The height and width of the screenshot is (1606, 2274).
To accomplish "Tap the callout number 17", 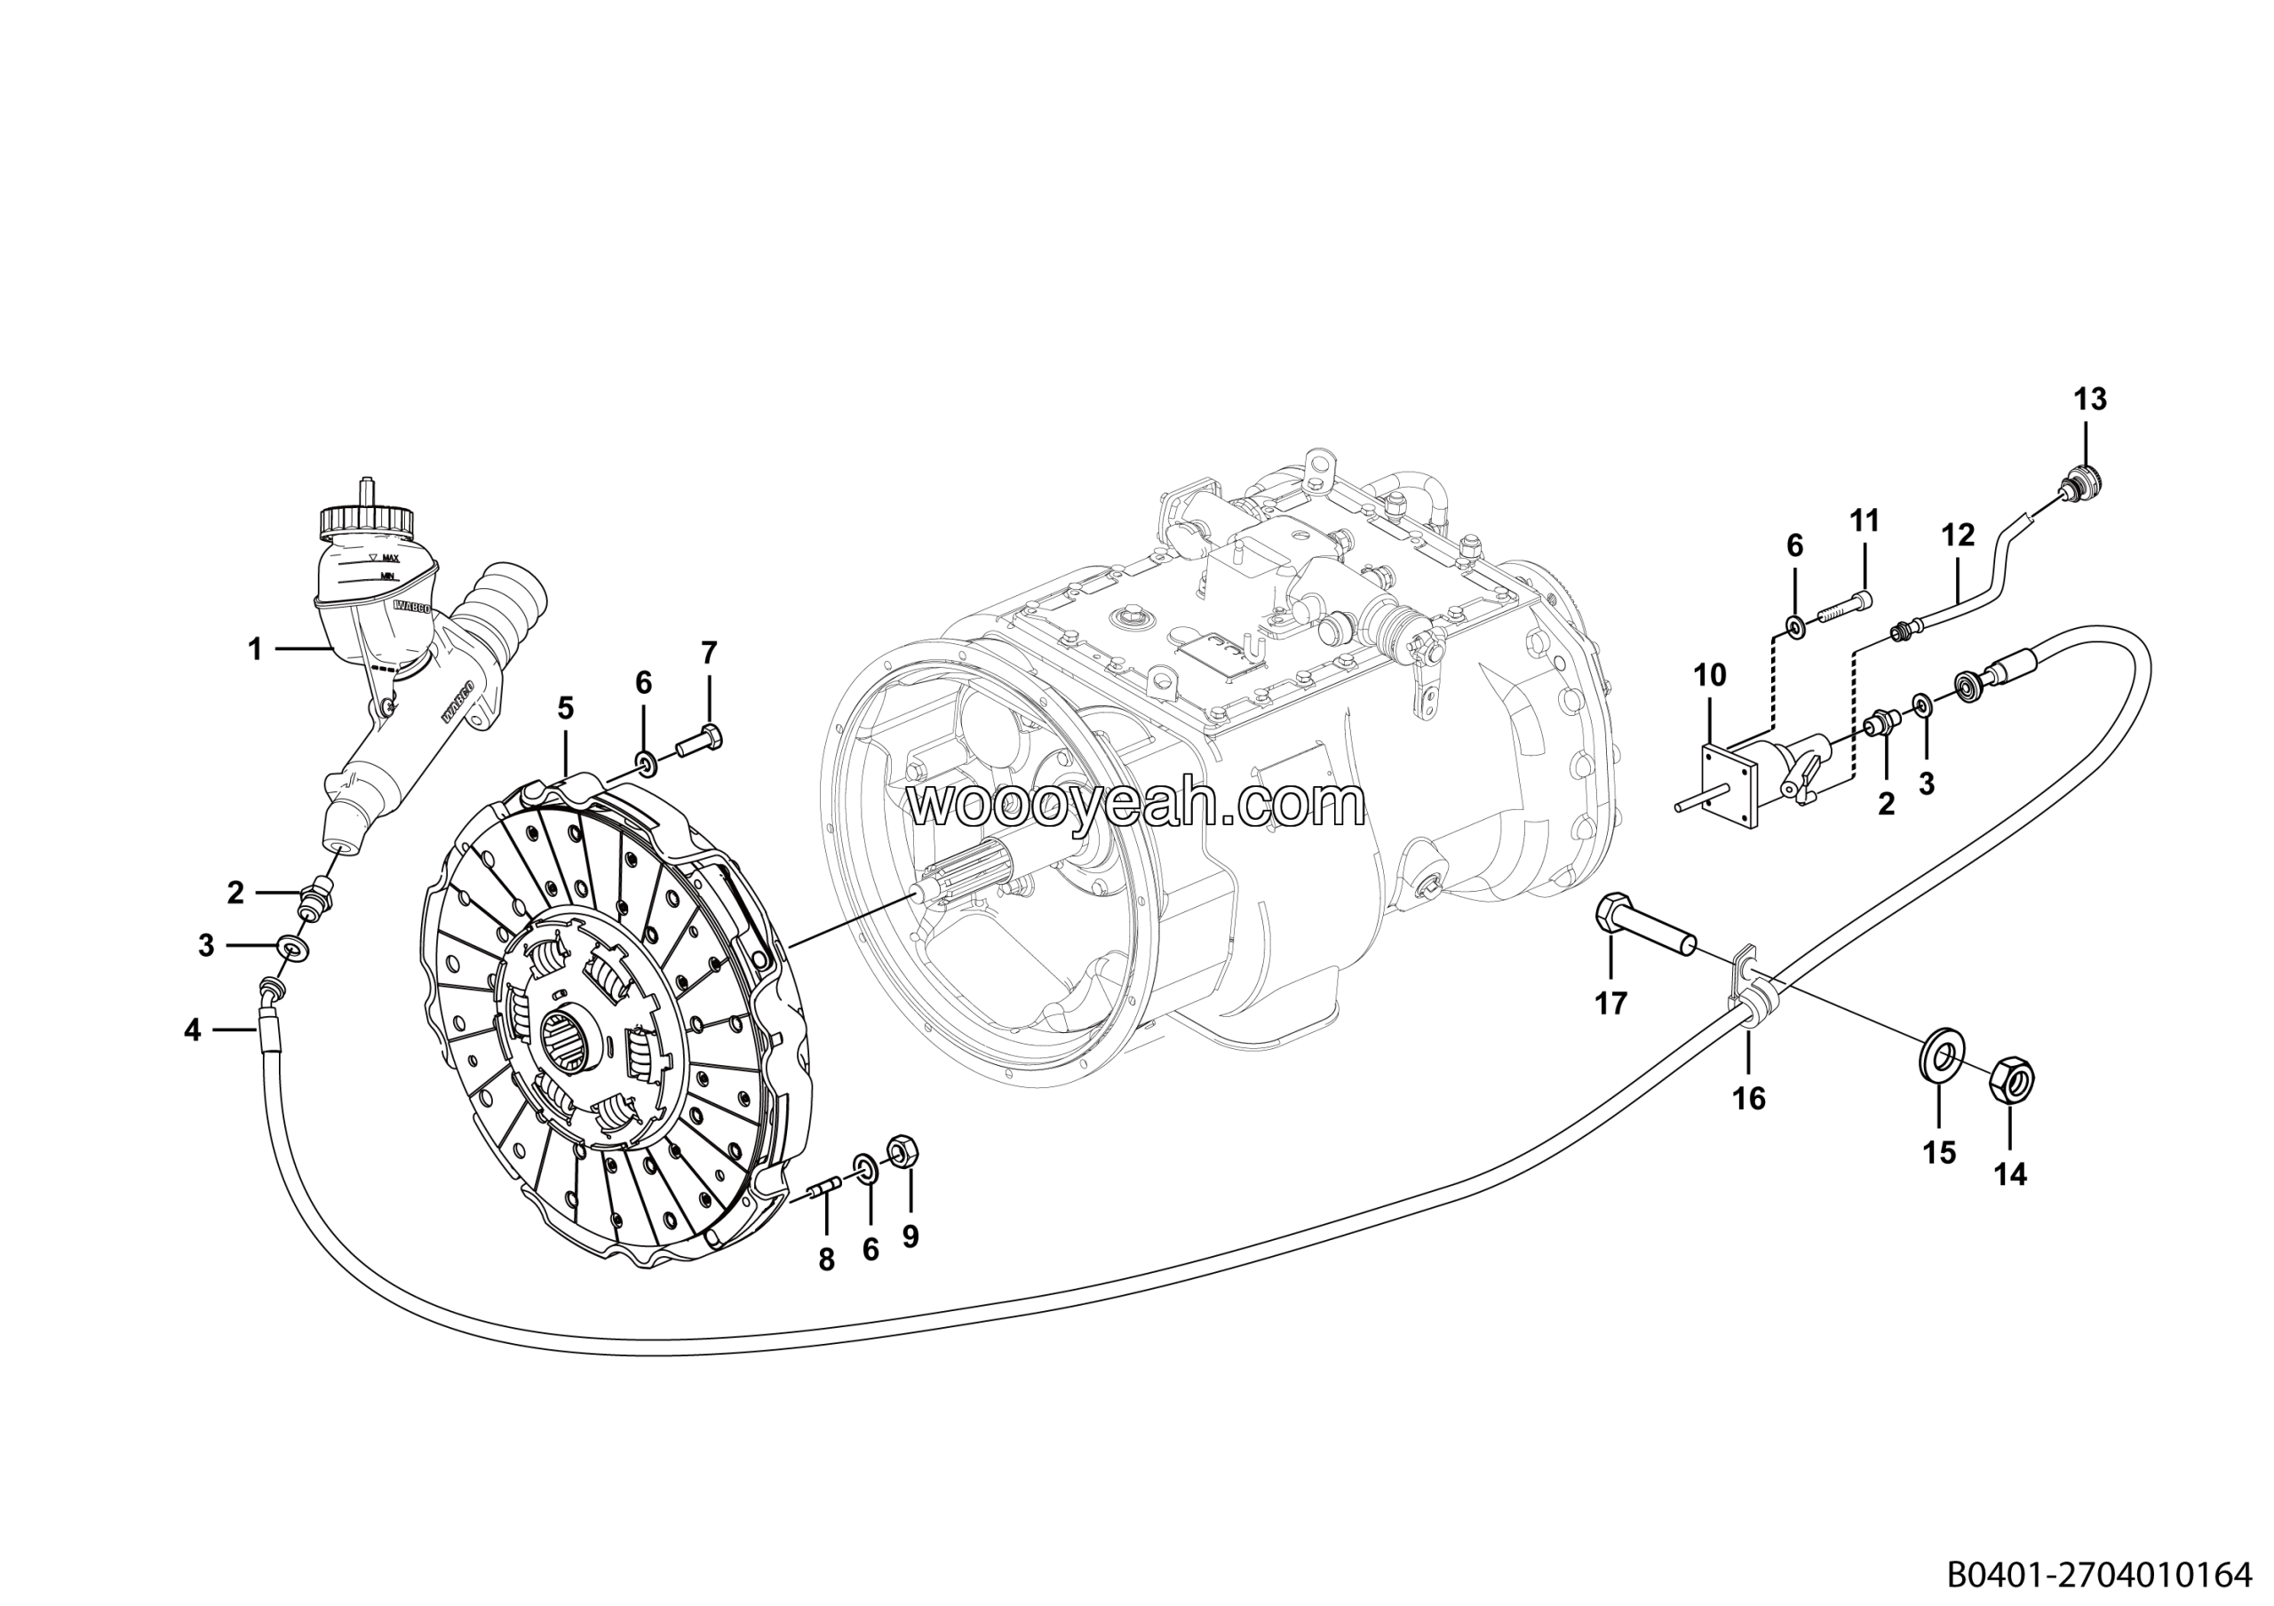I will click(1611, 1004).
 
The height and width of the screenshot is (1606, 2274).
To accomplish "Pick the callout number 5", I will click(566, 708).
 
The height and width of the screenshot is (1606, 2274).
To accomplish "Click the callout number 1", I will click(256, 649).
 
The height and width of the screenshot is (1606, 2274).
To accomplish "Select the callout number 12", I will click(1958, 536).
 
